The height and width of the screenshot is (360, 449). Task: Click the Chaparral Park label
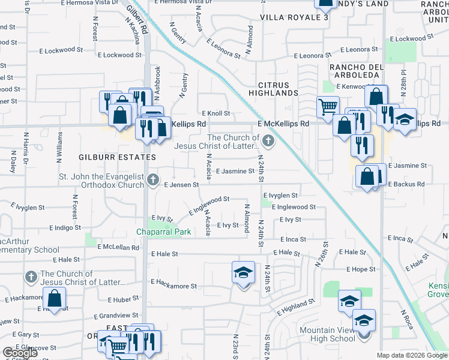click(x=163, y=232)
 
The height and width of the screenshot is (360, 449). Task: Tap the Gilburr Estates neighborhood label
click(x=117, y=157)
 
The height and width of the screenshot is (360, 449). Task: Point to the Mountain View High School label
click(x=328, y=335)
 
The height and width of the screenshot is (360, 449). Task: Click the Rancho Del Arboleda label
click(x=354, y=70)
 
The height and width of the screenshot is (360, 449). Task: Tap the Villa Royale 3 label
click(x=294, y=17)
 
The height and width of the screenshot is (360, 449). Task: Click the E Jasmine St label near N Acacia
click(x=235, y=171)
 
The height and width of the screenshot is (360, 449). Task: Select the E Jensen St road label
click(x=181, y=185)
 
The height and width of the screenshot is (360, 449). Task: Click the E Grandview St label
click(x=118, y=315)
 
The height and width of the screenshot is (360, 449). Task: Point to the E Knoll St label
click(x=216, y=113)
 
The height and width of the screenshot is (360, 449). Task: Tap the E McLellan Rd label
click(x=113, y=247)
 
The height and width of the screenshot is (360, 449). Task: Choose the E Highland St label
click(x=296, y=308)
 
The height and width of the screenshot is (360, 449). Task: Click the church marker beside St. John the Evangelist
click(x=153, y=179)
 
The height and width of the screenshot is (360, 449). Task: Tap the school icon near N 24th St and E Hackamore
click(x=243, y=273)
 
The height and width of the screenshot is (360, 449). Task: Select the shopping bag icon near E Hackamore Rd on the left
click(x=54, y=298)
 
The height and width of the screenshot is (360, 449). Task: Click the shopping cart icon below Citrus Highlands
click(x=327, y=107)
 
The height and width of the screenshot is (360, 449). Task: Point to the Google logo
click(x=19, y=353)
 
